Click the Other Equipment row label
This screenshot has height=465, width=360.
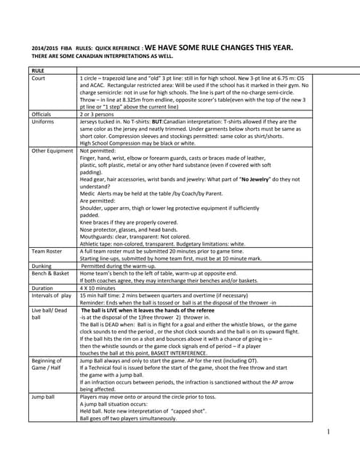coord(52,150)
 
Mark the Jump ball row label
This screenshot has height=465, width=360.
coord(44,399)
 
